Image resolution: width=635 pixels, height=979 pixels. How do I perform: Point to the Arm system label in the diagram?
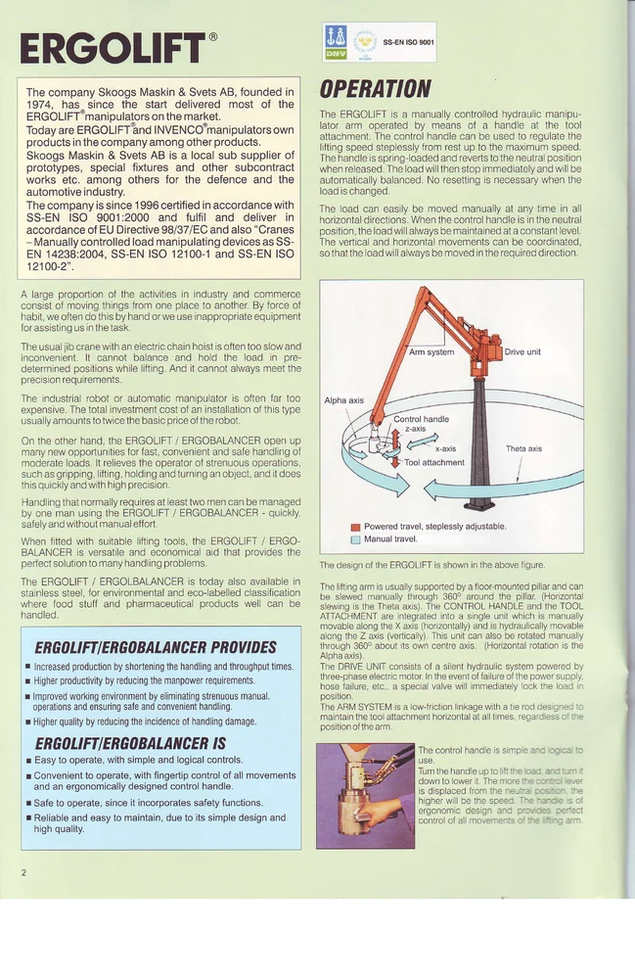tap(431, 351)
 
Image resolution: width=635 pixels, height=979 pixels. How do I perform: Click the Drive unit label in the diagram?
tap(521, 351)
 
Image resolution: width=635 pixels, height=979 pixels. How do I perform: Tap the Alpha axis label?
tap(343, 400)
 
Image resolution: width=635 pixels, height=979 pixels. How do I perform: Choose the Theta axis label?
tap(523, 449)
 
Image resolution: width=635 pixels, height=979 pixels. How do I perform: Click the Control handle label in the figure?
tap(421, 419)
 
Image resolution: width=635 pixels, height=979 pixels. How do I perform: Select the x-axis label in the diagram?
tap(446, 448)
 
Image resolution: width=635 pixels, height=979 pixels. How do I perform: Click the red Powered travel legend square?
tap(355, 527)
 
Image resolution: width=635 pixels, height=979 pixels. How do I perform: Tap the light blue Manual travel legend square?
tap(355, 539)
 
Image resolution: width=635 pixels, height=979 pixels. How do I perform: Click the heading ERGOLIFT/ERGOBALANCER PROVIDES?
tap(156, 647)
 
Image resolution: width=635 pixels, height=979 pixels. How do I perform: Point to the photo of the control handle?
tap(365, 794)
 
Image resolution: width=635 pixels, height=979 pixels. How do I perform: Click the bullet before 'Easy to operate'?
tap(28, 760)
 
